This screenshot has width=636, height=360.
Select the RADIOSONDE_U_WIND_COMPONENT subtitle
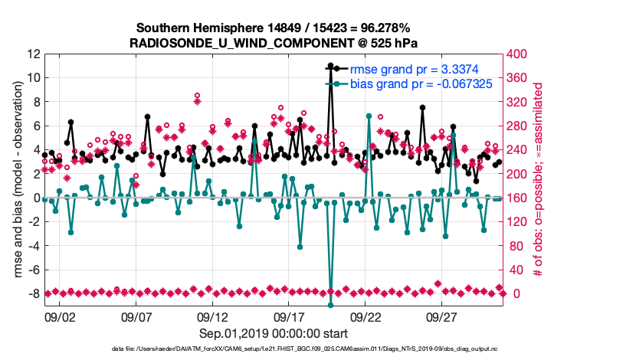tap(274, 43)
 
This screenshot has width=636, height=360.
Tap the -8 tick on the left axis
tap(32, 293)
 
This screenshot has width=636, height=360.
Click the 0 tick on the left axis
tap(35, 198)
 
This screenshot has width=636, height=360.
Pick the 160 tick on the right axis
tap(524, 198)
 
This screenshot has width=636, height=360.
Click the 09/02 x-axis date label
tap(60, 316)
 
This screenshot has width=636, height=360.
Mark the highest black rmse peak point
tap(330, 66)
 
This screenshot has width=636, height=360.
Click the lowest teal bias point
tap(330, 305)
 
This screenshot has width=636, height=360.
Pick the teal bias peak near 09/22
tap(369, 116)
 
